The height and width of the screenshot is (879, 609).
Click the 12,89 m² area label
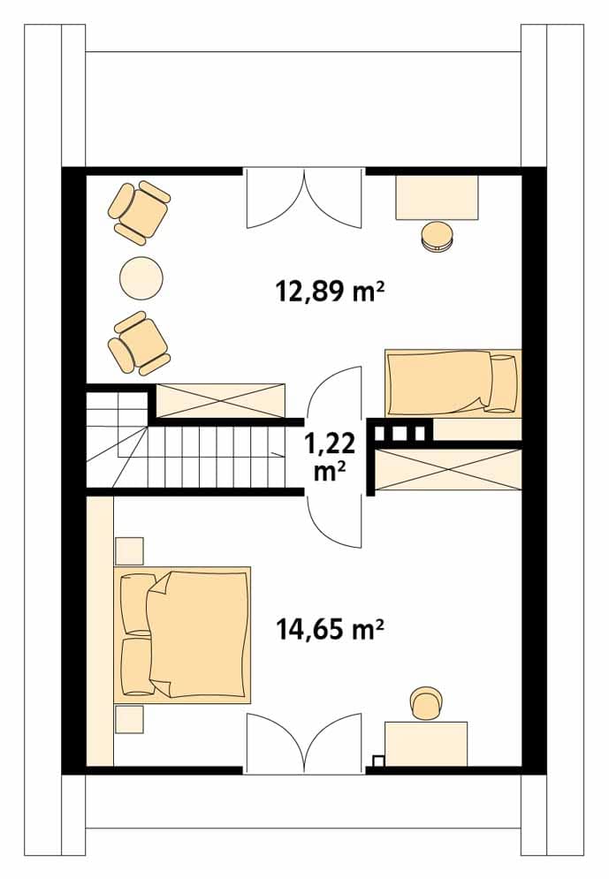coord(330,292)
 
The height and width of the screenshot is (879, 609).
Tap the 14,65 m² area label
coord(330,629)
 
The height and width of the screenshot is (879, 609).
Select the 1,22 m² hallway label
coord(330,457)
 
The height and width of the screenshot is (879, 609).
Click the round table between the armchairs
coord(141,277)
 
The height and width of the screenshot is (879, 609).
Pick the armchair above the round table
coord(139,211)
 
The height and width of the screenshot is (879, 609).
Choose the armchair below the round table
coord(139,343)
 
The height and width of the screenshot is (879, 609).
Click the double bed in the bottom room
coord(182,634)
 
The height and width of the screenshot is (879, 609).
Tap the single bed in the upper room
coord(453,383)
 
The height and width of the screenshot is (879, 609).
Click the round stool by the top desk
coord(437,237)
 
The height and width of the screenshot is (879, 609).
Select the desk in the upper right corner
coord(437,197)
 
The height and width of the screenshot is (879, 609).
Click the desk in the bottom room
coord(426,744)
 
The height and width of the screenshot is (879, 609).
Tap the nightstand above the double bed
coord(129,551)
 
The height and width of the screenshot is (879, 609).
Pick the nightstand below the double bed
coord(129,719)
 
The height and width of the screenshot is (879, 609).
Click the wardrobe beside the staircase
coord(220,400)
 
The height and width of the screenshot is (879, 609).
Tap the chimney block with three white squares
coord(400,432)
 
